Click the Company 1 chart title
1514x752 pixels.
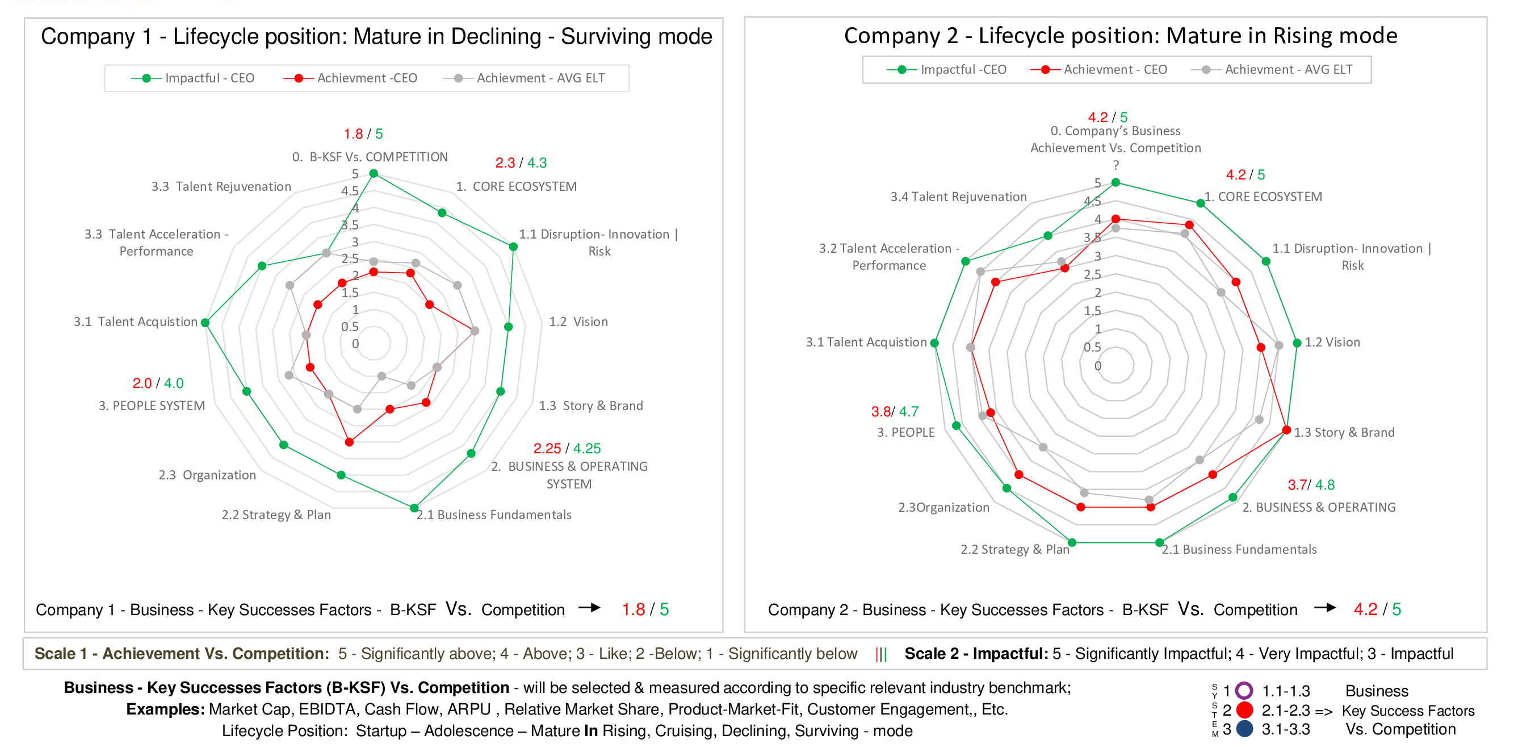pos(376,36)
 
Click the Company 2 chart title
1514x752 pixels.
pos(1120,36)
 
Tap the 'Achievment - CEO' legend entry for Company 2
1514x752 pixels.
pos(1099,70)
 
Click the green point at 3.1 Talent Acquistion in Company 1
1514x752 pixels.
pos(205,323)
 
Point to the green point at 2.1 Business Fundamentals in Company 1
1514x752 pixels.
pos(414,508)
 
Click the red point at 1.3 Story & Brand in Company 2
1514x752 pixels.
pos(1286,431)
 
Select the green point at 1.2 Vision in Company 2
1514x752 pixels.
pos(1297,343)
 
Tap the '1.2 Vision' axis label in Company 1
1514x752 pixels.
pos(578,321)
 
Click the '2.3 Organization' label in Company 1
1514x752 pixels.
pos(207,475)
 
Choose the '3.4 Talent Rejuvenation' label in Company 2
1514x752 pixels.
pos(958,197)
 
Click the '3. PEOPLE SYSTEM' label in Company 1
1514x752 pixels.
pos(152,406)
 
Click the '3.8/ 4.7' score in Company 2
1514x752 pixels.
pos(895,412)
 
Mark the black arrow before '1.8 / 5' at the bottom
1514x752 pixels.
pos(589,607)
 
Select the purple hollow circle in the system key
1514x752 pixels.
pos(1244,690)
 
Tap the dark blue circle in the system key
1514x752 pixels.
pos(1244,729)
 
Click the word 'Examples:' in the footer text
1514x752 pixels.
pos(165,709)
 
